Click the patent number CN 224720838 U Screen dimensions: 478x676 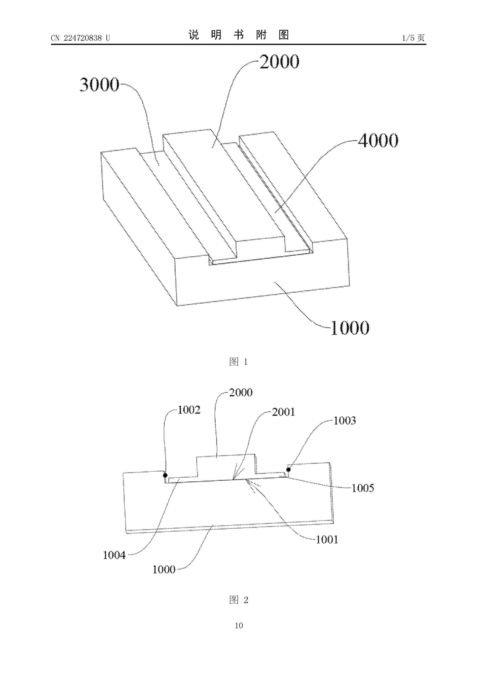pyautogui.click(x=80, y=38)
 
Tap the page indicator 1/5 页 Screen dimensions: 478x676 pyautogui.click(x=413, y=38)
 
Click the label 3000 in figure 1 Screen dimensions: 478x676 pyautogui.click(x=99, y=85)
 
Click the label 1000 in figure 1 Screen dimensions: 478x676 pyautogui.click(x=350, y=328)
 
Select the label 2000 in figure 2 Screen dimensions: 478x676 pyautogui.click(x=241, y=393)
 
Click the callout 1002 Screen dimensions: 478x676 pyautogui.click(x=189, y=410)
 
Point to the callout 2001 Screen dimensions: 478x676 pyautogui.click(x=283, y=412)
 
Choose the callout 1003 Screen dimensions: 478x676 pyautogui.click(x=345, y=420)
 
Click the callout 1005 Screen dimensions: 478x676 pyautogui.click(x=363, y=488)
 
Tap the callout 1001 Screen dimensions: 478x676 pyautogui.click(x=327, y=540)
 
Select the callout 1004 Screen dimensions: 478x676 pyautogui.click(x=114, y=555)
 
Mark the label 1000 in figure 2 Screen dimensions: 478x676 pyautogui.click(x=164, y=570)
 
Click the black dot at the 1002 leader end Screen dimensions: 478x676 pyautogui.click(x=165, y=475)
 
